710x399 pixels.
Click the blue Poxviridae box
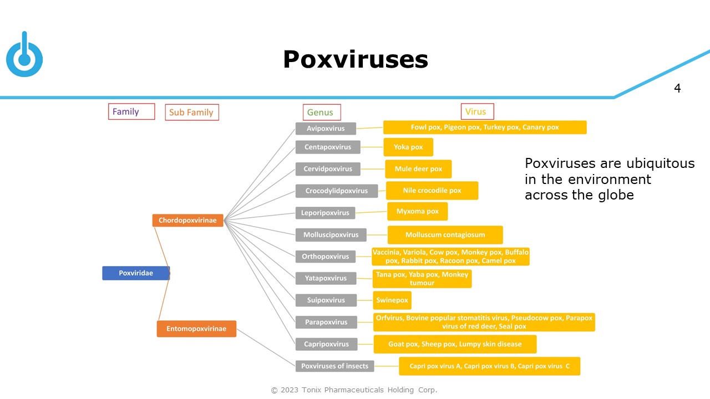[136, 273]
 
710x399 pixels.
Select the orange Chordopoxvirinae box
[187, 221]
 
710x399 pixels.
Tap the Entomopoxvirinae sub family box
[196, 329]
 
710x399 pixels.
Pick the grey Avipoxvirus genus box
[326, 129]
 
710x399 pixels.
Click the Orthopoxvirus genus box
[326, 257]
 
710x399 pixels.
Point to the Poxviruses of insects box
[334, 366]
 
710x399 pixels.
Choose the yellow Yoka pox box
[408, 147]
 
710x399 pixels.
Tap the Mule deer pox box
[418, 169]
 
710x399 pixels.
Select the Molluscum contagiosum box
[445, 235]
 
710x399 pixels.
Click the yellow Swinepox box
[392, 300]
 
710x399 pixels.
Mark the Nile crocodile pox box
[432, 191]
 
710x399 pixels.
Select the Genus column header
[321, 112]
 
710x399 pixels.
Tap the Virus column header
[476, 112]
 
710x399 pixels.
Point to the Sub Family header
[191, 112]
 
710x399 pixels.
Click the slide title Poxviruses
[356, 59]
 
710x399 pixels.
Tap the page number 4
[677, 88]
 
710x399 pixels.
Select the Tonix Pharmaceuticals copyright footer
[354, 390]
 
